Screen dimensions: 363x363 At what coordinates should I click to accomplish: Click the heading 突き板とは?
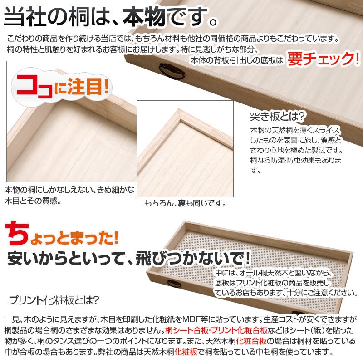pos(277,117)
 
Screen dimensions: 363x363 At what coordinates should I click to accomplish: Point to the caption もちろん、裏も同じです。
pos(185,203)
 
